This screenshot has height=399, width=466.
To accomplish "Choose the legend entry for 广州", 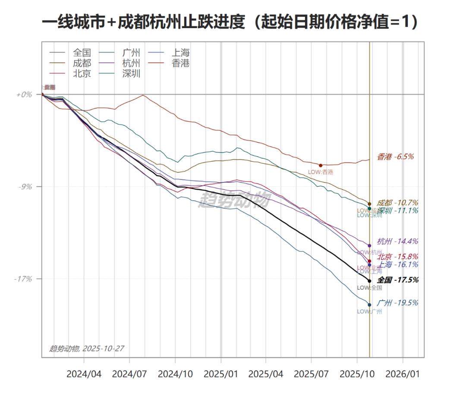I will pos(131,53).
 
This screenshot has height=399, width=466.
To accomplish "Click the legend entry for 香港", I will pos(180,63).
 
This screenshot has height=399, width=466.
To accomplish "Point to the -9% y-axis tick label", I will pos(25,187).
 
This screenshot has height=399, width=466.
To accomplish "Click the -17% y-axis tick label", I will pos(23,279).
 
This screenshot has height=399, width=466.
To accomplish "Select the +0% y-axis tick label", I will pos(24,94).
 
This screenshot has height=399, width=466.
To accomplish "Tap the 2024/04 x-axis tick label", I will pos(84,374).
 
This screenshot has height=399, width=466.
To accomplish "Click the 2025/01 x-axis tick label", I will pos(221,374).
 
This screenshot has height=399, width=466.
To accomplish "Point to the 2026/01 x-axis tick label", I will pos(403,374).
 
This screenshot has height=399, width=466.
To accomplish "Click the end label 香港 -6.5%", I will pos(395,157).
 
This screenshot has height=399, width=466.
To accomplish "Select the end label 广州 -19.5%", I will pos(397,303).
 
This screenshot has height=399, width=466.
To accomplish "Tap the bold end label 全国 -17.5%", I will pos(397,280).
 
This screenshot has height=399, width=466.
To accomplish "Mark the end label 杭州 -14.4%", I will pos(397,242).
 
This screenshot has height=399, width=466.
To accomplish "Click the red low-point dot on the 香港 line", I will pos(321,165).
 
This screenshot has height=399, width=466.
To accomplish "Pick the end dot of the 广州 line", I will pos(369,305).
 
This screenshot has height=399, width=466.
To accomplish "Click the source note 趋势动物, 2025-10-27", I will pos(87,349).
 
